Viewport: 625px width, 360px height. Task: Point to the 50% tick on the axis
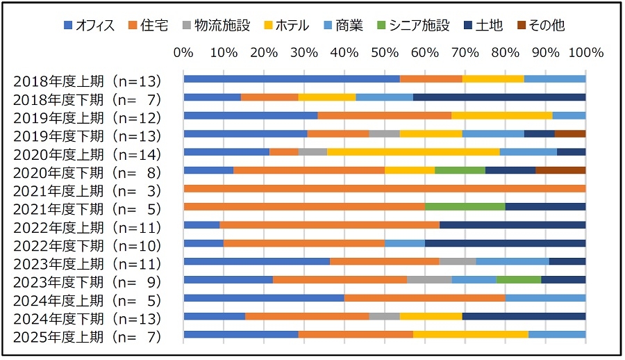coord(385,53)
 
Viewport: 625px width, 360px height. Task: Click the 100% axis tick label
coord(585,53)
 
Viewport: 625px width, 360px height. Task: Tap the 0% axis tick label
coord(183,53)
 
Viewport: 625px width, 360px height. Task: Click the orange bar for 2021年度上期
coord(384,188)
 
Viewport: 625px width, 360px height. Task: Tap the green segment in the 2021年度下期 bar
coord(465,206)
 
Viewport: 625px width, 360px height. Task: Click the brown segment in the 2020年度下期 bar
coord(560,170)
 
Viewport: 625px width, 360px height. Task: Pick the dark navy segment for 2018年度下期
coord(499,97)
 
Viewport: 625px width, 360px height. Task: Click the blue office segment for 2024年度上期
coord(264,297)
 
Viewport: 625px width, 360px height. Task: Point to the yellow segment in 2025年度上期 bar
coord(470,334)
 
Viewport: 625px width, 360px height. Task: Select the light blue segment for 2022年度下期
coord(404,243)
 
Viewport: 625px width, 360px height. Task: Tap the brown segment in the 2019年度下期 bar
coord(570,133)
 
